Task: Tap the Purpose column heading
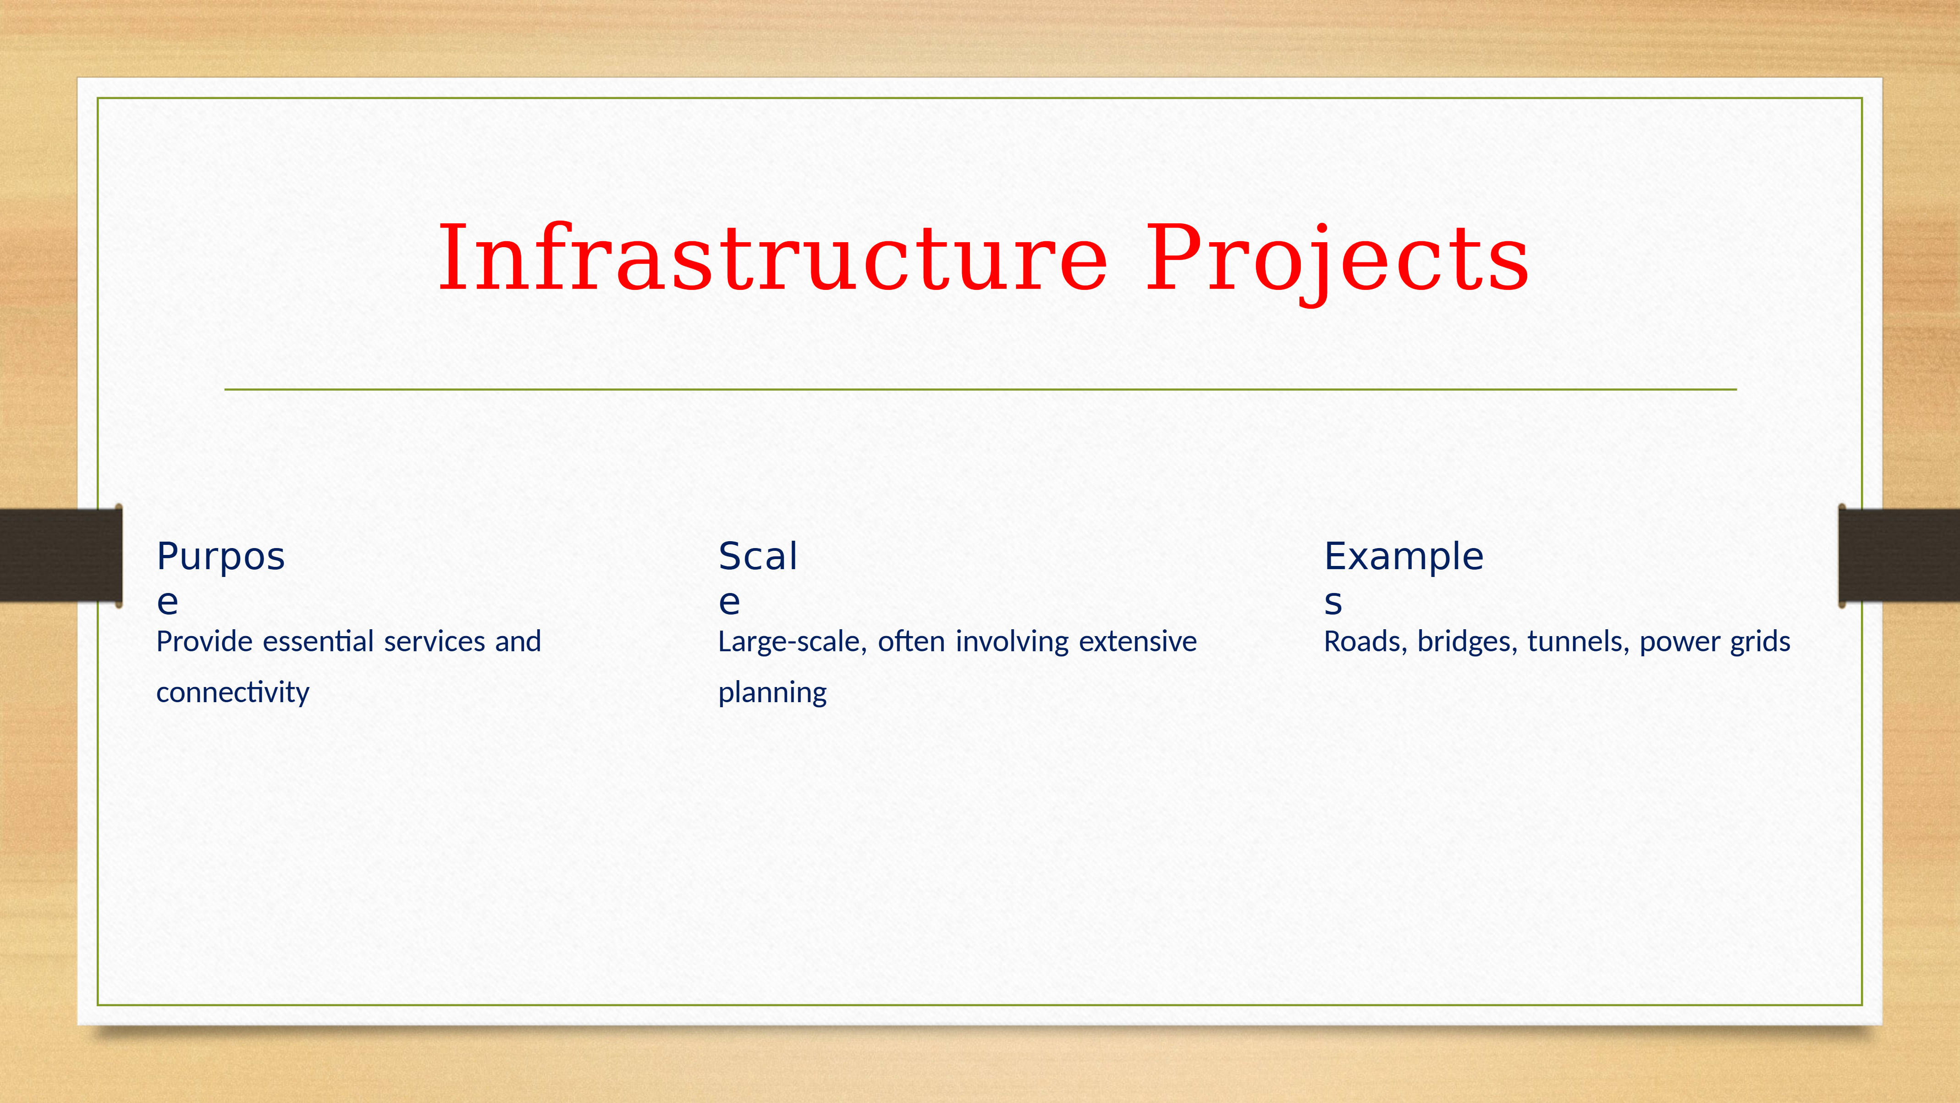[220, 578]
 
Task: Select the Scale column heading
[758, 578]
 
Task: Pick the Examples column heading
[1404, 578]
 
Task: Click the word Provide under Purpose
[204, 642]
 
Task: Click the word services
[435, 642]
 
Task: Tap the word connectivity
[233, 693]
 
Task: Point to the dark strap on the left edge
[61, 555]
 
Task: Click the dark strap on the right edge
[1899, 555]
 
